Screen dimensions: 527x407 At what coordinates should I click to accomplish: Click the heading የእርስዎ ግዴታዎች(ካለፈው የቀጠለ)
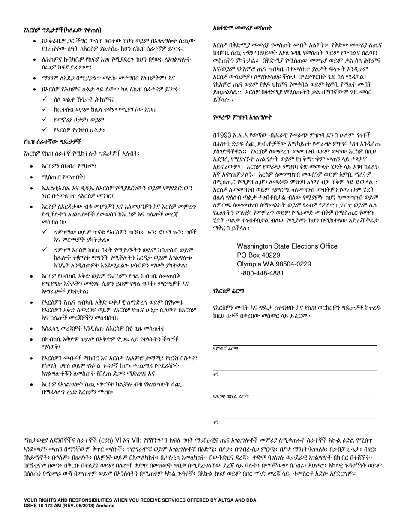[62, 30]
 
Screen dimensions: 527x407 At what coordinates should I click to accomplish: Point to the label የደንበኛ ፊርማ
[225, 349]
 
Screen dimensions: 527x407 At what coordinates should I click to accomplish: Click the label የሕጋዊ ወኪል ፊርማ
[230, 397]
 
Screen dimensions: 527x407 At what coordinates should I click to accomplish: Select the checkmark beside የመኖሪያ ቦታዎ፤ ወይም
[44, 119]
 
